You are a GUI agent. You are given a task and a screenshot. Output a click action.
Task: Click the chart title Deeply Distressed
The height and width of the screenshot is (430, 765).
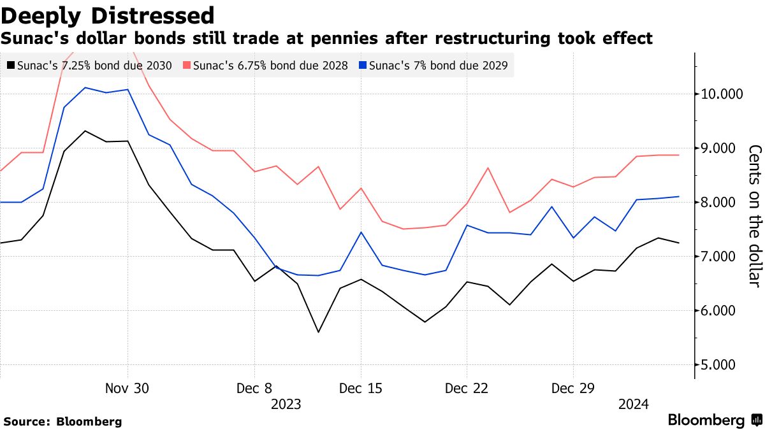(x=107, y=15)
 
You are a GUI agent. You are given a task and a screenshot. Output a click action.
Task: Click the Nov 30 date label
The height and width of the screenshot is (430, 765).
(x=127, y=389)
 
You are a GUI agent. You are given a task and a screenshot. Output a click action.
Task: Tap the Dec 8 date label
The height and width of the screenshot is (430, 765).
(x=254, y=389)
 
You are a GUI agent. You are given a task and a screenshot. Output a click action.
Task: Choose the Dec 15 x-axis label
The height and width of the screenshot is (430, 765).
(x=361, y=389)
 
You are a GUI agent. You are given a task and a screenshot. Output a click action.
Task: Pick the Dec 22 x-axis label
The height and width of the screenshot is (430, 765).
(x=467, y=389)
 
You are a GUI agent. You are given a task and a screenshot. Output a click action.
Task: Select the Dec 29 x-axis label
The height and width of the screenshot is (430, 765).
(x=572, y=389)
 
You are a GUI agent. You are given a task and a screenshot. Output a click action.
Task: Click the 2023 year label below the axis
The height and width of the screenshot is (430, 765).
(x=286, y=404)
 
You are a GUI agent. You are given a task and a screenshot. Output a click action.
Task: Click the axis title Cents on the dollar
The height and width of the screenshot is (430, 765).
(x=755, y=216)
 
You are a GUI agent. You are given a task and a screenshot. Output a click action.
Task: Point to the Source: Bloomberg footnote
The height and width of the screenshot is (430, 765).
(x=62, y=422)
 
